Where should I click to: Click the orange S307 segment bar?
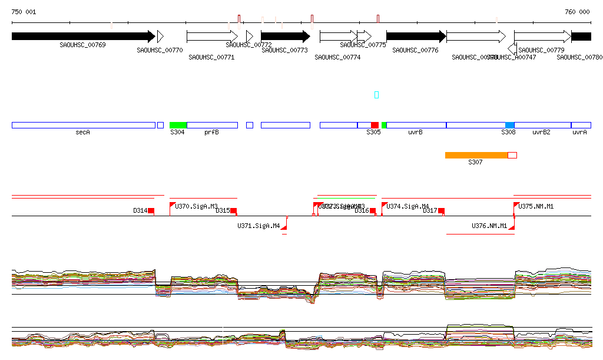coord(476,155)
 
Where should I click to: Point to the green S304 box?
coord(178,125)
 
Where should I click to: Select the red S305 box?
coord(375,125)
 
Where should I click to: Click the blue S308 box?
coord(509,125)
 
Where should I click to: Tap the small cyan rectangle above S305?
coord(377,95)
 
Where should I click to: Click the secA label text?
coord(82,133)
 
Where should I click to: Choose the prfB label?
coord(211,133)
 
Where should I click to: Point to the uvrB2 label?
coord(541,133)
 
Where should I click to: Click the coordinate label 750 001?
coord(24,12)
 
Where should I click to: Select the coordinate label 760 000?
coord(577,12)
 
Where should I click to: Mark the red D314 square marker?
coord(151,210)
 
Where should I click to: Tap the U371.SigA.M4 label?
coord(259,226)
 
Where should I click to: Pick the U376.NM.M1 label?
coord(489,226)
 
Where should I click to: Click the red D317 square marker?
coord(441,210)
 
